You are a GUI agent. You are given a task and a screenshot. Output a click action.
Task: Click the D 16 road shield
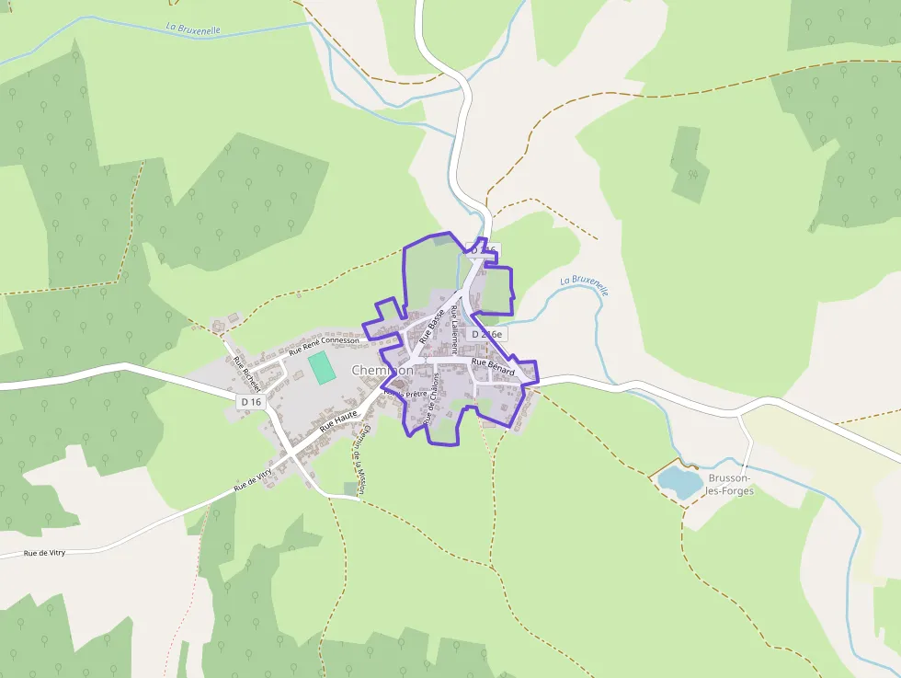tap(251, 402)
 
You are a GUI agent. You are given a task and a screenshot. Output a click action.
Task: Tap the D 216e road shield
tap(486, 335)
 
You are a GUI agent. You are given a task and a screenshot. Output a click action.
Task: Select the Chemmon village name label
tap(381, 370)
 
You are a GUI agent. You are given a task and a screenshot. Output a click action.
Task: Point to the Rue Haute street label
tap(338, 422)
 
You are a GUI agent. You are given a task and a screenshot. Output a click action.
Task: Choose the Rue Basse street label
tap(431, 326)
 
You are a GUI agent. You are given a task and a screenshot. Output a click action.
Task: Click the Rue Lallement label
tap(453, 330)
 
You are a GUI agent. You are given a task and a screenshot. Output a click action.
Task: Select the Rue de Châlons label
tap(430, 398)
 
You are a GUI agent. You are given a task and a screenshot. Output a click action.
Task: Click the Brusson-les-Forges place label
tap(731, 485)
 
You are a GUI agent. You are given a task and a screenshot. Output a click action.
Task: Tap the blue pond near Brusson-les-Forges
tap(679, 481)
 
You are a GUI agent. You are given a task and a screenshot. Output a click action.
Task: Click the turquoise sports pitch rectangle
tap(321, 368)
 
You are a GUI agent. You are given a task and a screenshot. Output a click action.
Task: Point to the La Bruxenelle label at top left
tap(193, 29)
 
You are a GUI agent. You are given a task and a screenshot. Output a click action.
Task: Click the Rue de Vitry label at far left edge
tap(44, 553)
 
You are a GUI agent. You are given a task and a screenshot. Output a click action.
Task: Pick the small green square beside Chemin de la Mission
tap(350, 488)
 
